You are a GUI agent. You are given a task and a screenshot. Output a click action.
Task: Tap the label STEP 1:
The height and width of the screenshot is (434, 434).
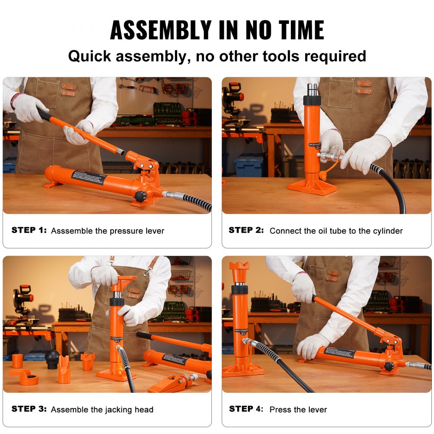click(x=29, y=230)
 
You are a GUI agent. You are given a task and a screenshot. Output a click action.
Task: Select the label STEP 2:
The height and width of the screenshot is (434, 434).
click(x=246, y=230)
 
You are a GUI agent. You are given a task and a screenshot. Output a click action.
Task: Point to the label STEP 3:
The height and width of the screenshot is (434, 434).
click(x=29, y=409)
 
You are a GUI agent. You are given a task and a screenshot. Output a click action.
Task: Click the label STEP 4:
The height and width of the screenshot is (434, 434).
click(x=246, y=409)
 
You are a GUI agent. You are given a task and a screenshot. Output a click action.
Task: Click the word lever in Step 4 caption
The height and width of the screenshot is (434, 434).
click(x=317, y=409)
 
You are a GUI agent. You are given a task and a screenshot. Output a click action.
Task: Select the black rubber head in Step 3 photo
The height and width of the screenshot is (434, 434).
click(x=52, y=358)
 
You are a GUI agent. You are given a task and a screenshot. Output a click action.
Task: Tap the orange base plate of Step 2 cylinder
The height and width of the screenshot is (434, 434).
click(x=312, y=187)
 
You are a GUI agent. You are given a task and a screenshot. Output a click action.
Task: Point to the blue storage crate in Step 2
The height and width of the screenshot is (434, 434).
click(x=249, y=165)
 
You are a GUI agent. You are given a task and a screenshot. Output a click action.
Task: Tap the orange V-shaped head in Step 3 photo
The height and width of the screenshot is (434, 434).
click(x=64, y=369)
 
